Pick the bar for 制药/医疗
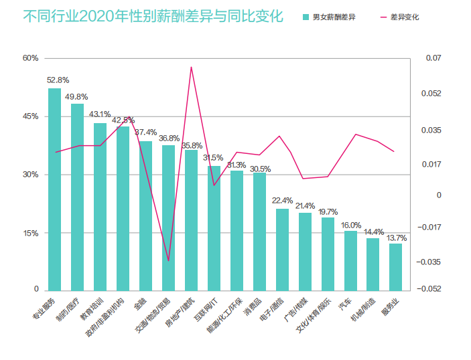click(78, 197)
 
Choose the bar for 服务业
click(396, 267)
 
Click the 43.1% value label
click(100, 114)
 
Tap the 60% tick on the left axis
click(31, 58)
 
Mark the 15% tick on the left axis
click(31, 234)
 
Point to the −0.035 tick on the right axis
click(437, 262)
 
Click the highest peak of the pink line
click(192, 67)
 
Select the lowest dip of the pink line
click(169, 260)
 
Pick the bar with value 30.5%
click(259, 232)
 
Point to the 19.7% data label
click(328, 211)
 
